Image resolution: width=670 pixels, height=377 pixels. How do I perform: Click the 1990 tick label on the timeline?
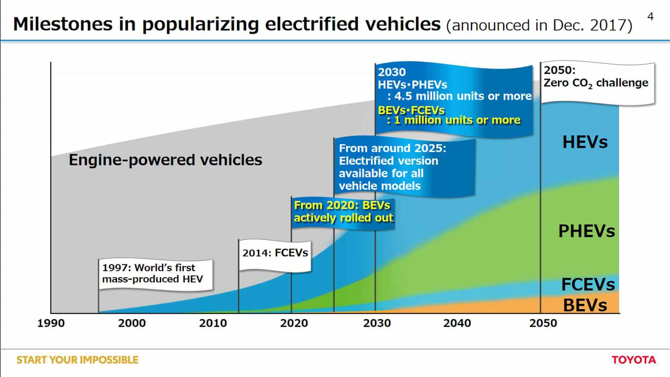pos(51,323)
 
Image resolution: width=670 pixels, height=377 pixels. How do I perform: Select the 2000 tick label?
pos(132,323)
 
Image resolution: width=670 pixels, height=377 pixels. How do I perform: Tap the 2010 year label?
pos(213,323)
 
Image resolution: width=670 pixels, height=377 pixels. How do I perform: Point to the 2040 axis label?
pos(457,323)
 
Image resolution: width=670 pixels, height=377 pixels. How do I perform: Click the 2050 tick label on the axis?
pos(543,323)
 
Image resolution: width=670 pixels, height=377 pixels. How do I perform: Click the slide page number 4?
pos(650,16)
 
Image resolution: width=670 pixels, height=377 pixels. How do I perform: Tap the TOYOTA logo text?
pos(633,360)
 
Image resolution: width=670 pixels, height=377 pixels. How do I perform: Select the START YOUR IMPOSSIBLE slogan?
pos(77,360)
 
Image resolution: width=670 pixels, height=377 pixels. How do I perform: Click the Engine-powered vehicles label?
pos(165,160)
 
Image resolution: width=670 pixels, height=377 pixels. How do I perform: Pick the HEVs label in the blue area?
pos(585,142)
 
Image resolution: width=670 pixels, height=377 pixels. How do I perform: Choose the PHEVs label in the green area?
pos(586,231)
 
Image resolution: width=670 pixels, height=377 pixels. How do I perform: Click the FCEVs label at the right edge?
pos(588,284)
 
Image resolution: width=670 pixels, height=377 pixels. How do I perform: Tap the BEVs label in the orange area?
pos(585,305)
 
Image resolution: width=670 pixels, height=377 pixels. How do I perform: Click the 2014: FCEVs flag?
pos(275,253)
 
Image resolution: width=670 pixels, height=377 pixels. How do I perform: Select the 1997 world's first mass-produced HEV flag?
pos(152,273)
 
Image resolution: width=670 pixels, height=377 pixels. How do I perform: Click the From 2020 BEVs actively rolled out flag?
pos(343,212)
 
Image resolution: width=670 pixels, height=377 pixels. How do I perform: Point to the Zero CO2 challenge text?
pos(596,83)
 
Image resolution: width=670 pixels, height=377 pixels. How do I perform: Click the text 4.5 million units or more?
pos(463,96)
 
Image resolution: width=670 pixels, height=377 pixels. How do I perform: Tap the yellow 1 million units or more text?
pos(457,120)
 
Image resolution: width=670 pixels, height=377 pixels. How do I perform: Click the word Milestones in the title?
pos(63,24)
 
